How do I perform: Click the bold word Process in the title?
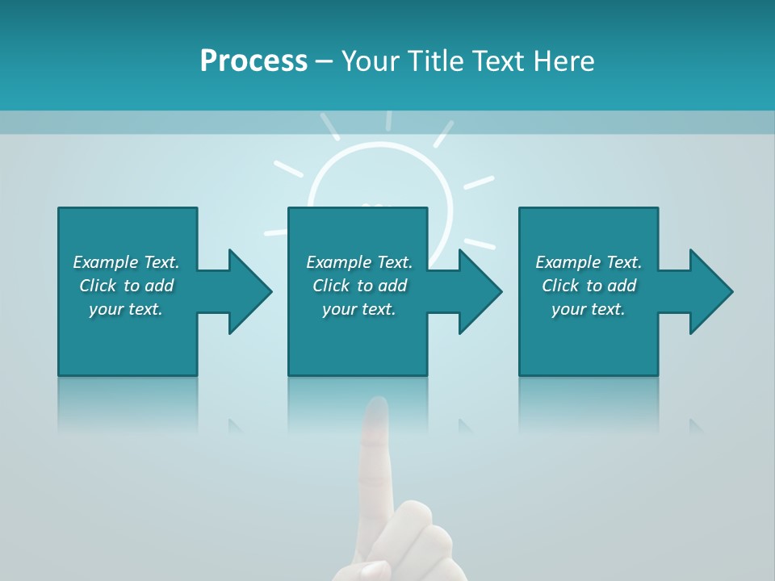click(x=253, y=61)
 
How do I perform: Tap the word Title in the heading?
click(x=432, y=61)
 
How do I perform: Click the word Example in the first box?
click(x=105, y=262)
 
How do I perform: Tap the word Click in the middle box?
click(x=330, y=286)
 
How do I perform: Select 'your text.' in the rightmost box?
click(x=588, y=309)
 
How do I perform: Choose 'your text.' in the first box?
click(x=125, y=309)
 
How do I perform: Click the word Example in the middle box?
click(x=338, y=262)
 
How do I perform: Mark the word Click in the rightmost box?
click(x=560, y=286)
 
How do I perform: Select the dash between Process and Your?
click(x=325, y=61)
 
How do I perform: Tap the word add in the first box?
click(x=159, y=286)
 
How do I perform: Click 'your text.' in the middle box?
click(x=358, y=309)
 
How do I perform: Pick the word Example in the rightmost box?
click(x=568, y=262)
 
